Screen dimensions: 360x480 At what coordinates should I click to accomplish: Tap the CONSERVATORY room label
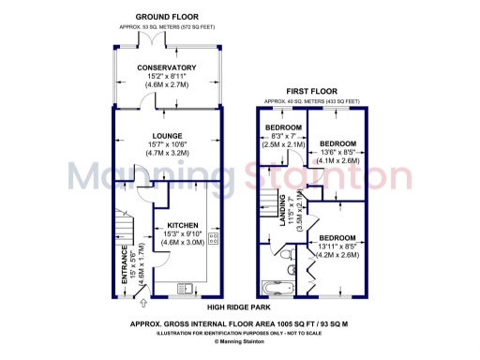click(x=166, y=67)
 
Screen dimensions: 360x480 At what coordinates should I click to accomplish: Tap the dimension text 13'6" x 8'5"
click(x=339, y=152)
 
